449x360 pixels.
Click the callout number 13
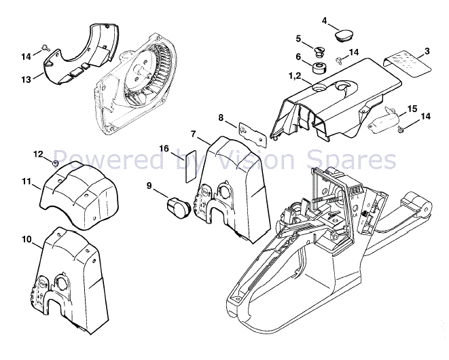point(26,79)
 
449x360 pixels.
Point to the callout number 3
point(427,51)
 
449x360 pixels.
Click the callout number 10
point(26,239)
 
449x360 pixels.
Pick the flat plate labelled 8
point(252,133)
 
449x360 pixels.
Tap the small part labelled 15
point(384,122)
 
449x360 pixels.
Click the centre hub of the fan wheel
point(143,69)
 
